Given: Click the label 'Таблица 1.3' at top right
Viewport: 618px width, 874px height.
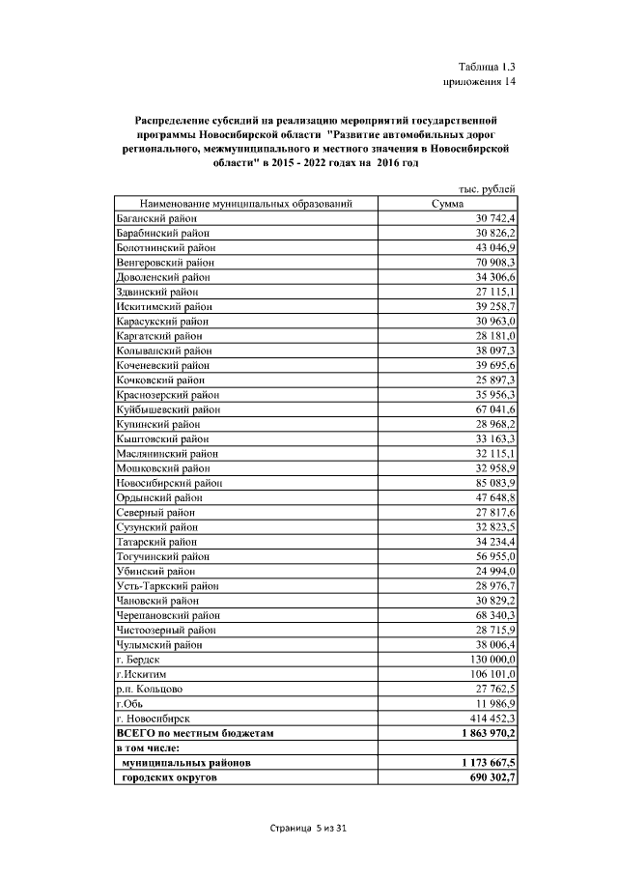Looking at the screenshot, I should (488, 67).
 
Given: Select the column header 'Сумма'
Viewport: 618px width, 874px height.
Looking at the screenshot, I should (447, 204).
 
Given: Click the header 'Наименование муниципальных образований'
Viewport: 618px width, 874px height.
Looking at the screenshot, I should (245, 204).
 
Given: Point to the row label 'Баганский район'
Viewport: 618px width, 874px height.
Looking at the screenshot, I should (150, 219).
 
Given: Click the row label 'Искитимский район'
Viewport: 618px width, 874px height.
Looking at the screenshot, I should (154, 306).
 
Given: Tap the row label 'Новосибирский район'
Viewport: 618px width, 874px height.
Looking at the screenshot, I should (162, 482).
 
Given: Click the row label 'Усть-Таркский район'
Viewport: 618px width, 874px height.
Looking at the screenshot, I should (160, 585).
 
